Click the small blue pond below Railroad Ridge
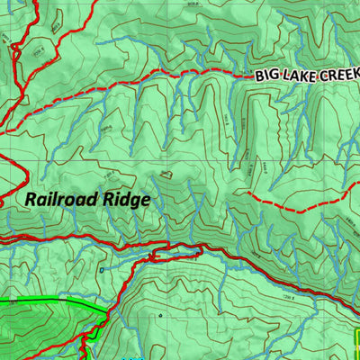(x=103, y=269)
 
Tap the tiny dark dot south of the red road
(x=159, y=316)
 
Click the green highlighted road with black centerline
(x=45, y=301)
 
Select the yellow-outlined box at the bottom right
(x=356, y=342)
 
